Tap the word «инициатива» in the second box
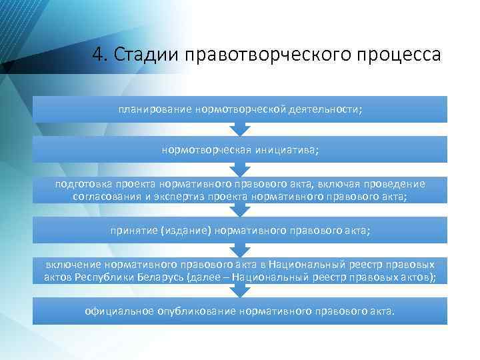(287, 149)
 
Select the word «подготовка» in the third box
(85, 185)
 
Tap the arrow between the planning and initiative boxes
(240, 129)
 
